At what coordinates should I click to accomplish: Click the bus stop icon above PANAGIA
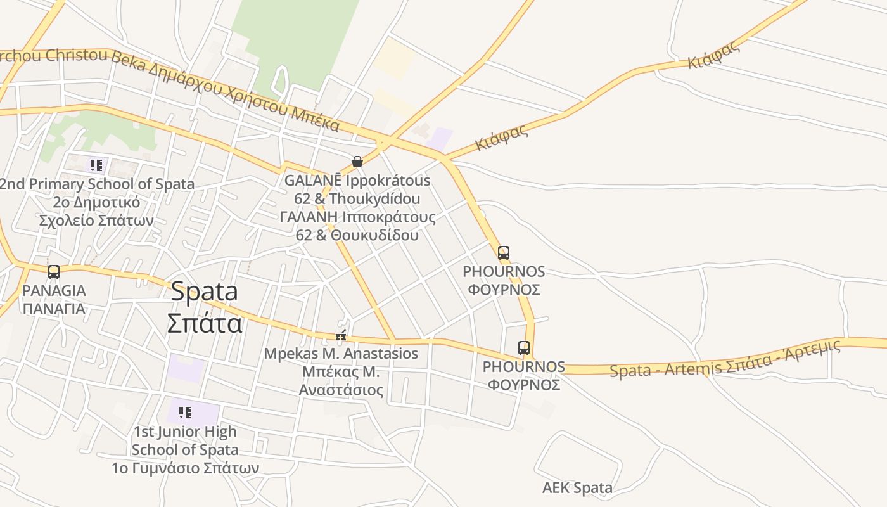click(54, 272)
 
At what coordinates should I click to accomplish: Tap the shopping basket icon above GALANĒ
click(357, 162)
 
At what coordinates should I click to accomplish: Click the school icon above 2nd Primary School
click(96, 166)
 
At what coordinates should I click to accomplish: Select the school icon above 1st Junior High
click(185, 413)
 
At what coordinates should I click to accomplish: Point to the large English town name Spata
click(205, 292)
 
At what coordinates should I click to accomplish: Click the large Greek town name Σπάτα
click(205, 323)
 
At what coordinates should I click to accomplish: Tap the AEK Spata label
click(577, 488)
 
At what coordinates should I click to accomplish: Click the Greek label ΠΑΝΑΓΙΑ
click(54, 309)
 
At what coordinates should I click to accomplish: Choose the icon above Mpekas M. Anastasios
click(341, 335)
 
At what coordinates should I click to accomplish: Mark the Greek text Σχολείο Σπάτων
click(96, 221)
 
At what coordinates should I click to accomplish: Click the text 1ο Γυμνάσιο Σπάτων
click(185, 468)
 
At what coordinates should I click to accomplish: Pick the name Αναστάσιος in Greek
click(341, 390)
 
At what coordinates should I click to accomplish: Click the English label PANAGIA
click(54, 291)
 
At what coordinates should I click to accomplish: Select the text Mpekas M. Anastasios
click(341, 354)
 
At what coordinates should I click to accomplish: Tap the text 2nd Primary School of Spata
click(96, 184)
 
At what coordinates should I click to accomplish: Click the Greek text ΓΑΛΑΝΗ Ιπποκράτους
click(357, 217)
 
